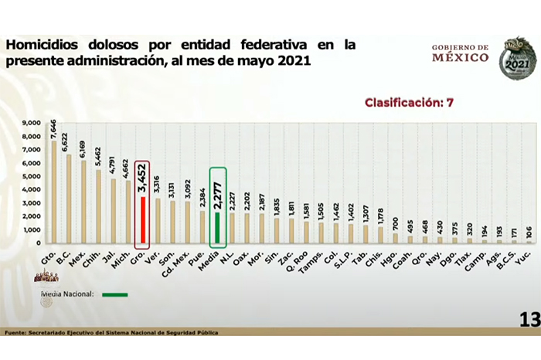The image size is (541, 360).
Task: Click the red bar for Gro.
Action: (142, 220)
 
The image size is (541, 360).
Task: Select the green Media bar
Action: (218, 228)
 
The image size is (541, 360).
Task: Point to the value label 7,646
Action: (54, 124)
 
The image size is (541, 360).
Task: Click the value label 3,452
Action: (141, 178)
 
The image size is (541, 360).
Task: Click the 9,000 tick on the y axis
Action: (32, 123)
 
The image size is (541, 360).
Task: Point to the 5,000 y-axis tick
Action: (32, 176)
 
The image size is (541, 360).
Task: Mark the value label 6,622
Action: (69, 140)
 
